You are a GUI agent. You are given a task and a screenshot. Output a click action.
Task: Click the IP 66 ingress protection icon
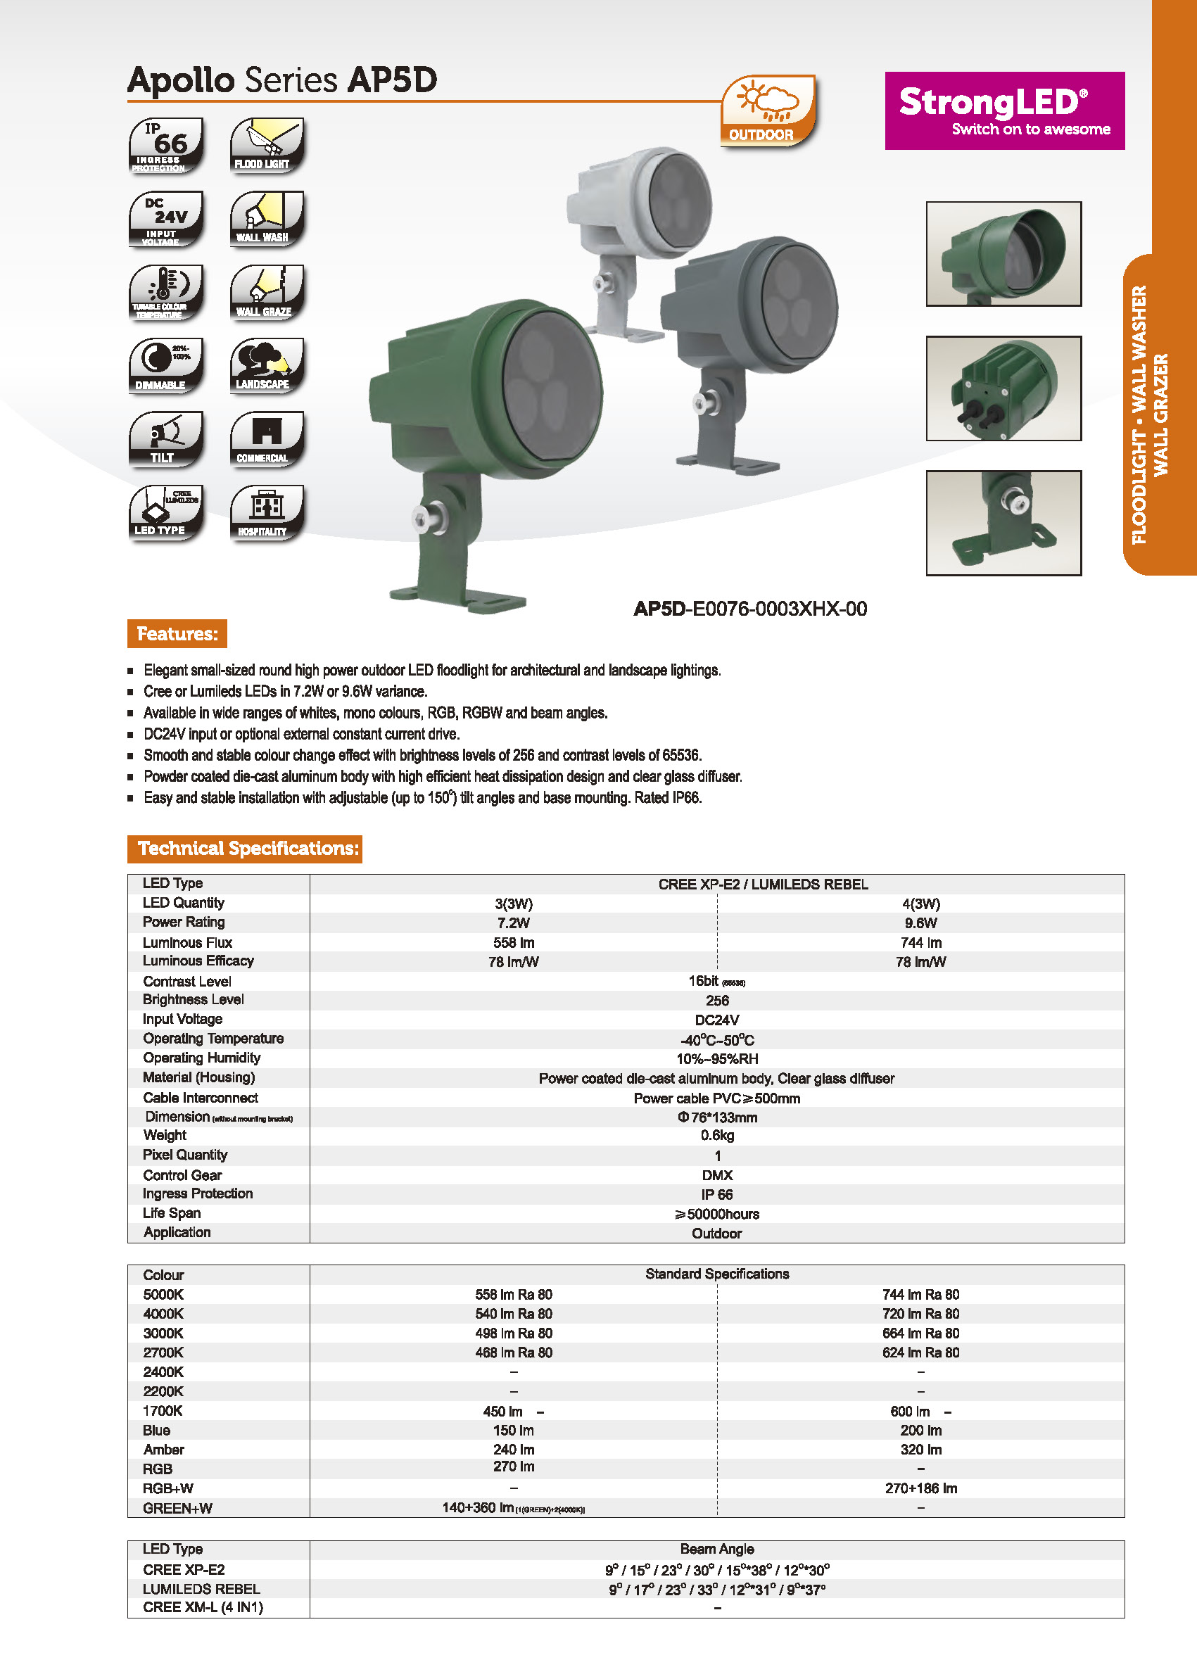pyautogui.click(x=166, y=145)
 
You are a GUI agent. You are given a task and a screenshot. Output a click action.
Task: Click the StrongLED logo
pyautogui.click(x=1004, y=110)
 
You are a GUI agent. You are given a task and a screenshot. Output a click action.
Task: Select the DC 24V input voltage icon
pyautogui.click(x=166, y=219)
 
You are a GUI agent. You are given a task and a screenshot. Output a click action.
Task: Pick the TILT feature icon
pyautogui.click(x=166, y=439)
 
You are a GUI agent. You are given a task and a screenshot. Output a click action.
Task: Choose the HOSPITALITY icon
pyautogui.click(x=267, y=513)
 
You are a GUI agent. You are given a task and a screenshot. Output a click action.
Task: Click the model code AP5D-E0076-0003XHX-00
pyautogui.click(x=749, y=609)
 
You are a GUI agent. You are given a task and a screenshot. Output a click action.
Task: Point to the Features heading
pyautogui.click(x=177, y=634)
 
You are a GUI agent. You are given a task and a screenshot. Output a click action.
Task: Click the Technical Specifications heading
pyautogui.click(x=245, y=849)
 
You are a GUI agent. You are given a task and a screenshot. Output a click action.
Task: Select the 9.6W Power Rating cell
pyautogui.click(x=920, y=923)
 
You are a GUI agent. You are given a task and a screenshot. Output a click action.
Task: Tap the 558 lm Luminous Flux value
pyautogui.click(x=514, y=943)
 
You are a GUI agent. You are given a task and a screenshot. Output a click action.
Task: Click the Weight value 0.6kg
pyautogui.click(x=717, y=1136)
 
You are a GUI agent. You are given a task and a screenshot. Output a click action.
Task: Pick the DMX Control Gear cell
pyautogui.click(x=717, y=1175)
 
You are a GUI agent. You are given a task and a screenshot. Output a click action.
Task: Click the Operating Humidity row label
pyautogui.click(x=201, y=1058)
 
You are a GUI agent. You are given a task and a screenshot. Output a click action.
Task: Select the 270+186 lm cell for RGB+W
pyautogui.click(x=920, y=1488)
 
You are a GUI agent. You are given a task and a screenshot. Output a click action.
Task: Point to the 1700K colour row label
pyautogui.click(x=163, y=1411)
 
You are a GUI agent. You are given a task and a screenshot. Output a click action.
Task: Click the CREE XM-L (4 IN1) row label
pyautogui.click(x=203, y=1607)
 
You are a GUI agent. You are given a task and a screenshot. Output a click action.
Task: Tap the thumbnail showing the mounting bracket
pyautogui.click(x=1003, y=523)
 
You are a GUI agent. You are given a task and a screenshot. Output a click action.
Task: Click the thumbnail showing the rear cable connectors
pyautogui.click(x=1003, y=388)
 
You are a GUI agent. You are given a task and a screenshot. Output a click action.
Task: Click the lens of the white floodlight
pyautogui.click(x=680, y=201)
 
